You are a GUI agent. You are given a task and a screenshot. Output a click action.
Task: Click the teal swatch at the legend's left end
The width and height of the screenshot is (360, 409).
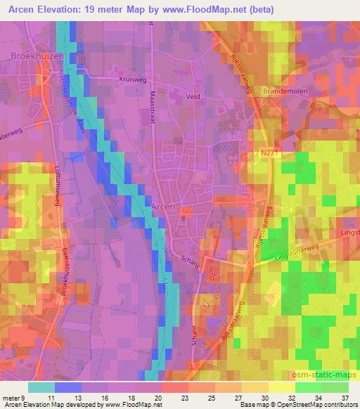tap(41, 387)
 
